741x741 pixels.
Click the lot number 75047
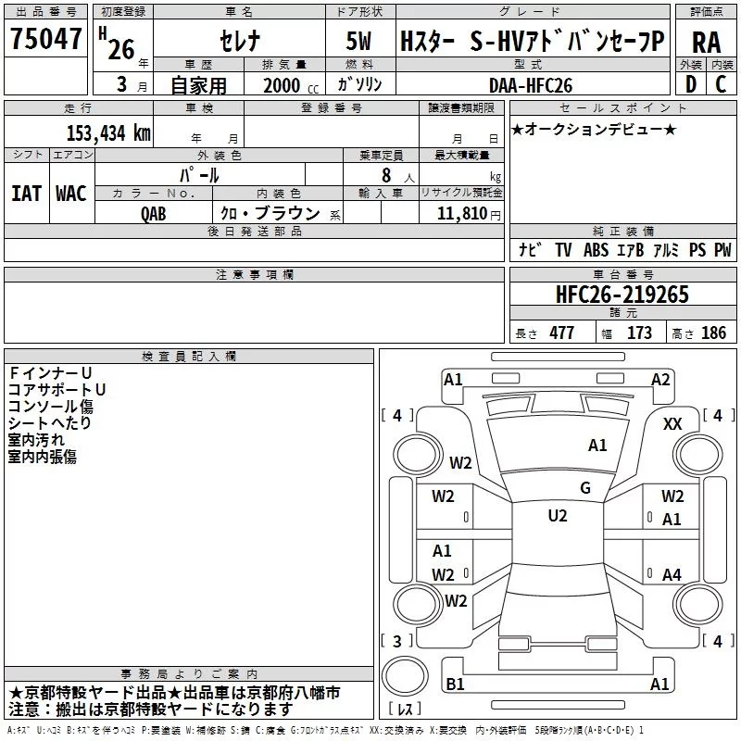pos(45,38)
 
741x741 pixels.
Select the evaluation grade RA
pos(706,43)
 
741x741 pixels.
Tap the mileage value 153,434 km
pos(108,133)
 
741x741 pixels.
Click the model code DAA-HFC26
pos(530,85)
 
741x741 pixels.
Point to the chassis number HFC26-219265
pos(622,295)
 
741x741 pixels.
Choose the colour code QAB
pos(153,214)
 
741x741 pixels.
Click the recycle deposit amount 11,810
pos(461,213)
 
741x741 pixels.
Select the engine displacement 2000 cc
pos(291,85)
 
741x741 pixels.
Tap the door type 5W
pos(358,41)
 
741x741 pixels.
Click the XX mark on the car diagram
pos(672,424)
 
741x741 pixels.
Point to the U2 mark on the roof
pos(558,516)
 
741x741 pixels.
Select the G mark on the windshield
pos(585,488)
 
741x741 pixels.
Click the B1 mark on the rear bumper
pos(455,684)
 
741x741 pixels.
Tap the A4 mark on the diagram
pos(672,574)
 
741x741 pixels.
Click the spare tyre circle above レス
pos(405,676)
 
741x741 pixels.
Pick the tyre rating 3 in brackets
pos(397,641)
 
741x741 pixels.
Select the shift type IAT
pos(27,194)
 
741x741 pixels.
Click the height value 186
pos(713,333)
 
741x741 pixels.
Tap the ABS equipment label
pos(596,250)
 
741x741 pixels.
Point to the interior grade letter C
pos(721,84)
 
